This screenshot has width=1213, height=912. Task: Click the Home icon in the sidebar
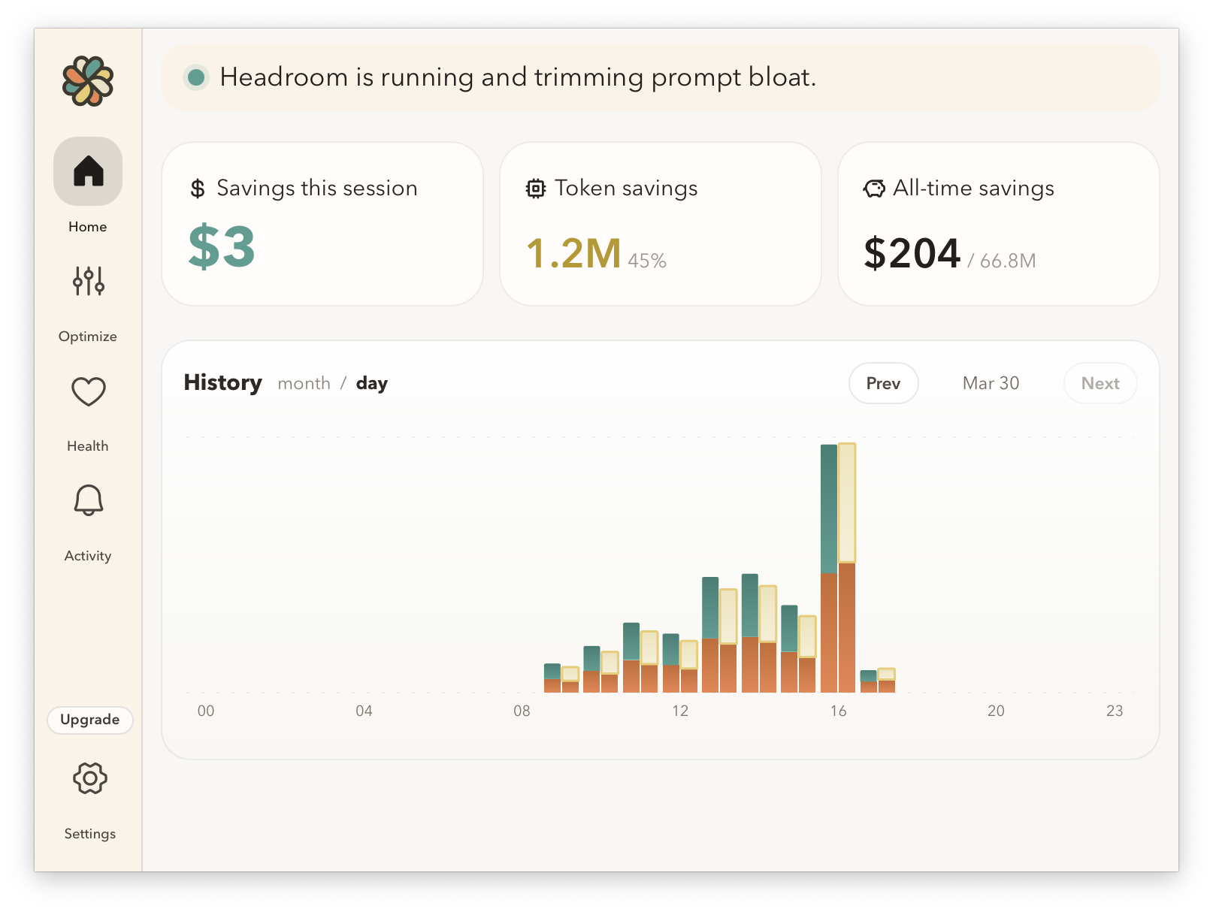88,171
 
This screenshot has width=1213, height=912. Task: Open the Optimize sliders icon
88,281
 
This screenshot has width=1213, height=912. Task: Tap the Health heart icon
88,391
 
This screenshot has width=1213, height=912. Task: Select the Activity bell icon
88,500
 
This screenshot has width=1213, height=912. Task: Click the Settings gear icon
89,778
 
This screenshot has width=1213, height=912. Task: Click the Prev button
883,383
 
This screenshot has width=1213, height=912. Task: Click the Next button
1100,383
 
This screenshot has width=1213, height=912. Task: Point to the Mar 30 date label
991,383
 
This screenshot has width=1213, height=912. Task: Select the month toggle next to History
304,383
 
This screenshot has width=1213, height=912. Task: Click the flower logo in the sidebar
88,81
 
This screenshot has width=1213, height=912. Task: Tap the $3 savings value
222,247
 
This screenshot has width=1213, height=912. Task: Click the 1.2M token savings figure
573,253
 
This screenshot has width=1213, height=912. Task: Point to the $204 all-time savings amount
912,253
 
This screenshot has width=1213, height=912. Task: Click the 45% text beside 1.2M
647,261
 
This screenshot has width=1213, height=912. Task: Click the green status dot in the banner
196,77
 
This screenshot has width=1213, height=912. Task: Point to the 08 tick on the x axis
522,711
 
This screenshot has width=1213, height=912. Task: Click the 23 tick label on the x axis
1114,711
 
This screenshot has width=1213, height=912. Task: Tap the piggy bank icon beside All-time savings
874,189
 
